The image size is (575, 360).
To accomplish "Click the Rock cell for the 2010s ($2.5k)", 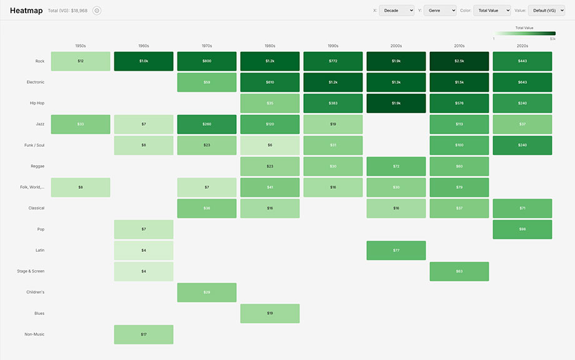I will (x=459, y=61).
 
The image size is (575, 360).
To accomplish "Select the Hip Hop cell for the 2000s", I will (x=396, y=103).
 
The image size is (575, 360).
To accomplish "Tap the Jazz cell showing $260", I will (x=206, y=124).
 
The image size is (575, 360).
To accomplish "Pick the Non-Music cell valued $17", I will (x=143, y=334).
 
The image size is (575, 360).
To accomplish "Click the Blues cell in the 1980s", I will (x=269, y=313).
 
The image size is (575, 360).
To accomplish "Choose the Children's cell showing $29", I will (x=206, y=292).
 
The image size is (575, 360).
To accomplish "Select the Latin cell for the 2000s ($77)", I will (x=396, y=250).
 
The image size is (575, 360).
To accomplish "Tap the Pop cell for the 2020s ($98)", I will (x=522, y=229).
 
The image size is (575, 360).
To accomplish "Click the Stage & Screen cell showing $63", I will (x=459, y=271).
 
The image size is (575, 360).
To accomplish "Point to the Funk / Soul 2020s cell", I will (x=522, y=145).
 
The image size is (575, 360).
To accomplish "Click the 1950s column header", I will (x=80, y=46).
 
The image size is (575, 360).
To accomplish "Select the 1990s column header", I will (x=332, y=46).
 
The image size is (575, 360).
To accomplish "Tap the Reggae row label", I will (x=37, y=166).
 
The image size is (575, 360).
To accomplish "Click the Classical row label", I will (x=36, y=208).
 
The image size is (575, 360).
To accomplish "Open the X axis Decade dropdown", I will (x=396, y=11).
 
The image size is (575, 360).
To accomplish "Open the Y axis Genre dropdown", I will (x=439, y=11).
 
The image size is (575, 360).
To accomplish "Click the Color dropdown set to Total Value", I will (x=491, y=11).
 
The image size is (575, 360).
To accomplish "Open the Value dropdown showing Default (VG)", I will (x=546, y=11).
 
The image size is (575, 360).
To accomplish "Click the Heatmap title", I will (x=26, y=11).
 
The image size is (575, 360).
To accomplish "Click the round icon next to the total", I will (x=97, y=11).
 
